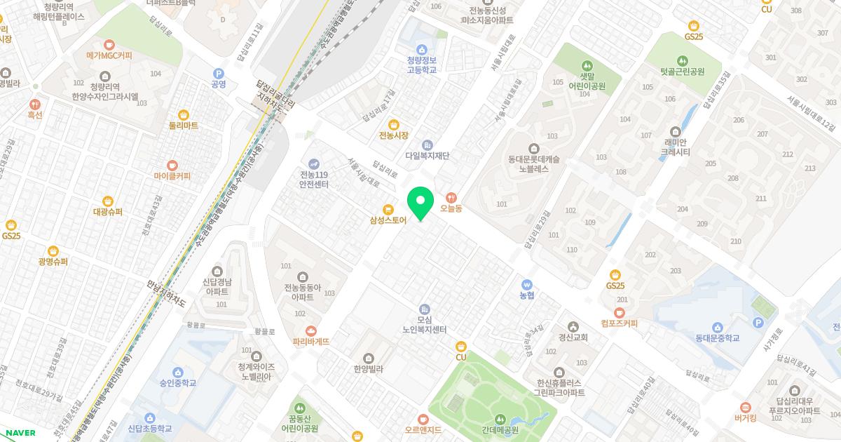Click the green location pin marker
(420, 203)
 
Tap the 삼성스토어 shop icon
(388, 209)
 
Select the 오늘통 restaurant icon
(451, 197)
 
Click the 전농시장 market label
(393, 135)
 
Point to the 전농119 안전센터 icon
(314, 163)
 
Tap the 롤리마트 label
(184, 126)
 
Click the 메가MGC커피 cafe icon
(109, 43)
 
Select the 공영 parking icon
(218, 73)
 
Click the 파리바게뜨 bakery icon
(311, 330)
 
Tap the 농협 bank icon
(527, 284)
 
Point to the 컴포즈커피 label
(619, 323)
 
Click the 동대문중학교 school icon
(717, 328)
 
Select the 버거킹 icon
(745, 407)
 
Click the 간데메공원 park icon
(499, 419)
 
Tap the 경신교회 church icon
(573, 326)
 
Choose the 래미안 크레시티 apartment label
(676, 147)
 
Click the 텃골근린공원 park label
(683, 72)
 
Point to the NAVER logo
(20, 433)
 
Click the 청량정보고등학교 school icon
(421, 49)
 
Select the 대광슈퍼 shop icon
(108, 201)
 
